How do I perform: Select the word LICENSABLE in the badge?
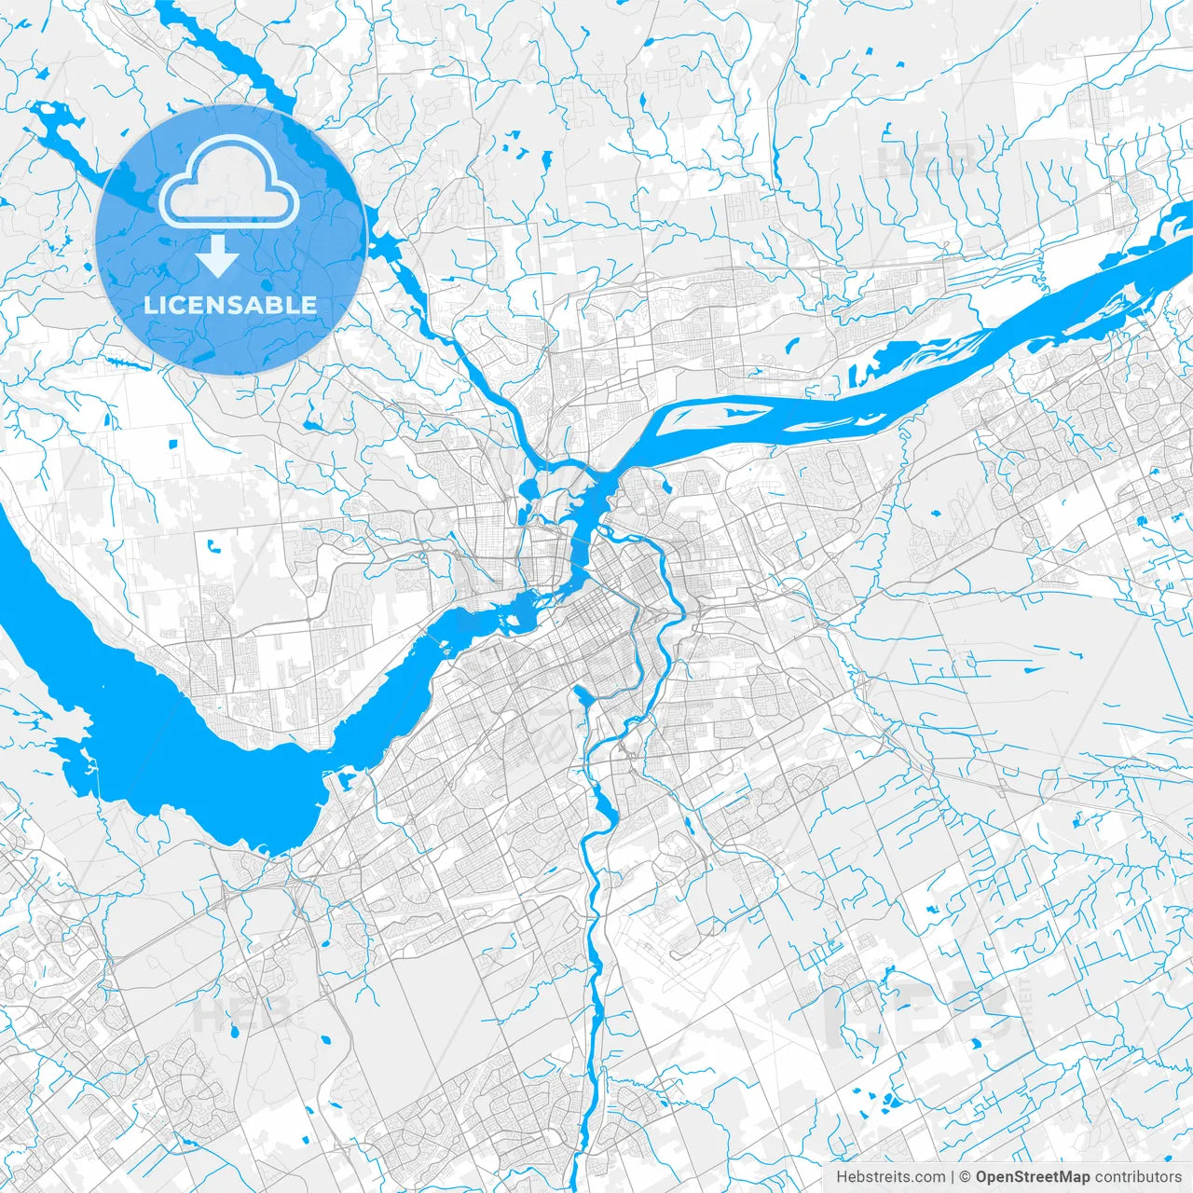[230, 305]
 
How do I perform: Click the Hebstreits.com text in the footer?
[890, 1177]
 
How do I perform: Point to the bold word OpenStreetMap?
[1033, 1177]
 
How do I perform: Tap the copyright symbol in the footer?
[966, 1177]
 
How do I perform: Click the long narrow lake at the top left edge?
[224, 56]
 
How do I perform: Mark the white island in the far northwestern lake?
[56, 116]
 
